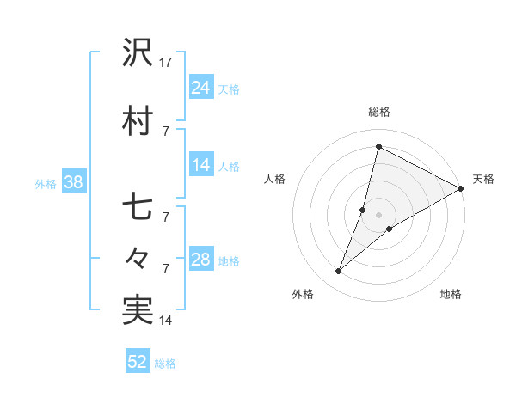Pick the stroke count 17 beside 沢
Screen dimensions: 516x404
[x=167, y=63]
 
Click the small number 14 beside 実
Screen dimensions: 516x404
[x=166, y=321]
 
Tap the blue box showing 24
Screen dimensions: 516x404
[x=201, y=88]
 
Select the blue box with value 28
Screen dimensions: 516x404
[x=201, y=260]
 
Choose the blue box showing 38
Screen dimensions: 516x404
[x=73, y=182]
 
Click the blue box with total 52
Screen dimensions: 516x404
[x=138, y=362]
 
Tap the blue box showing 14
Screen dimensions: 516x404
[x=201, y=166]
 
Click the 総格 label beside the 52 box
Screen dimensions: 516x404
[x=166, y=364]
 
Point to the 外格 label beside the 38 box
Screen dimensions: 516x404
[x=46, y=183]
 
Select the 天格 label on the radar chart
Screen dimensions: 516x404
[x=483, y=179]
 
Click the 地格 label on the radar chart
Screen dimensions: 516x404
[x=451, y=295]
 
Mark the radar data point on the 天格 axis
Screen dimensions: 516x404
[x=461, y=188]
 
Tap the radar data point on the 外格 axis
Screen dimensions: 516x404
[x=339, y=272]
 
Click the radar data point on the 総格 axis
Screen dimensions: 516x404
[x=378, y=146]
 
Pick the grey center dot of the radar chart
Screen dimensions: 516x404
[x=378, y=215]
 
